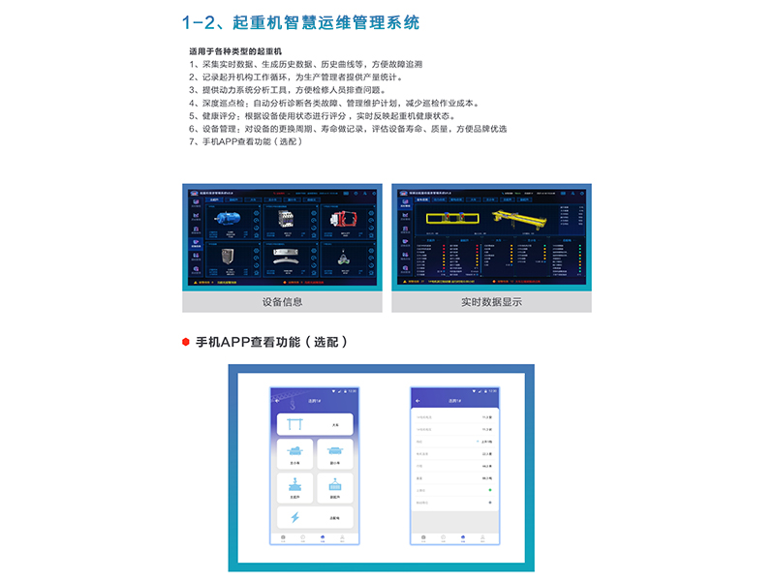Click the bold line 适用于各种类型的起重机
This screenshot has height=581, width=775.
240,50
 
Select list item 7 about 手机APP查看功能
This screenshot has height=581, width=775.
247,141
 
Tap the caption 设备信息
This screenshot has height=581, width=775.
282,302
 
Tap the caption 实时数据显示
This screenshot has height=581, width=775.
491,302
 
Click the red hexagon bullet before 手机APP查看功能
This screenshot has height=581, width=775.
185,342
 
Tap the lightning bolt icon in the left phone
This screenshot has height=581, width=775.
294,517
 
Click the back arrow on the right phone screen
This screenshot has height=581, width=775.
418,400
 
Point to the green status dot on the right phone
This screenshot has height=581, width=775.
489,490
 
